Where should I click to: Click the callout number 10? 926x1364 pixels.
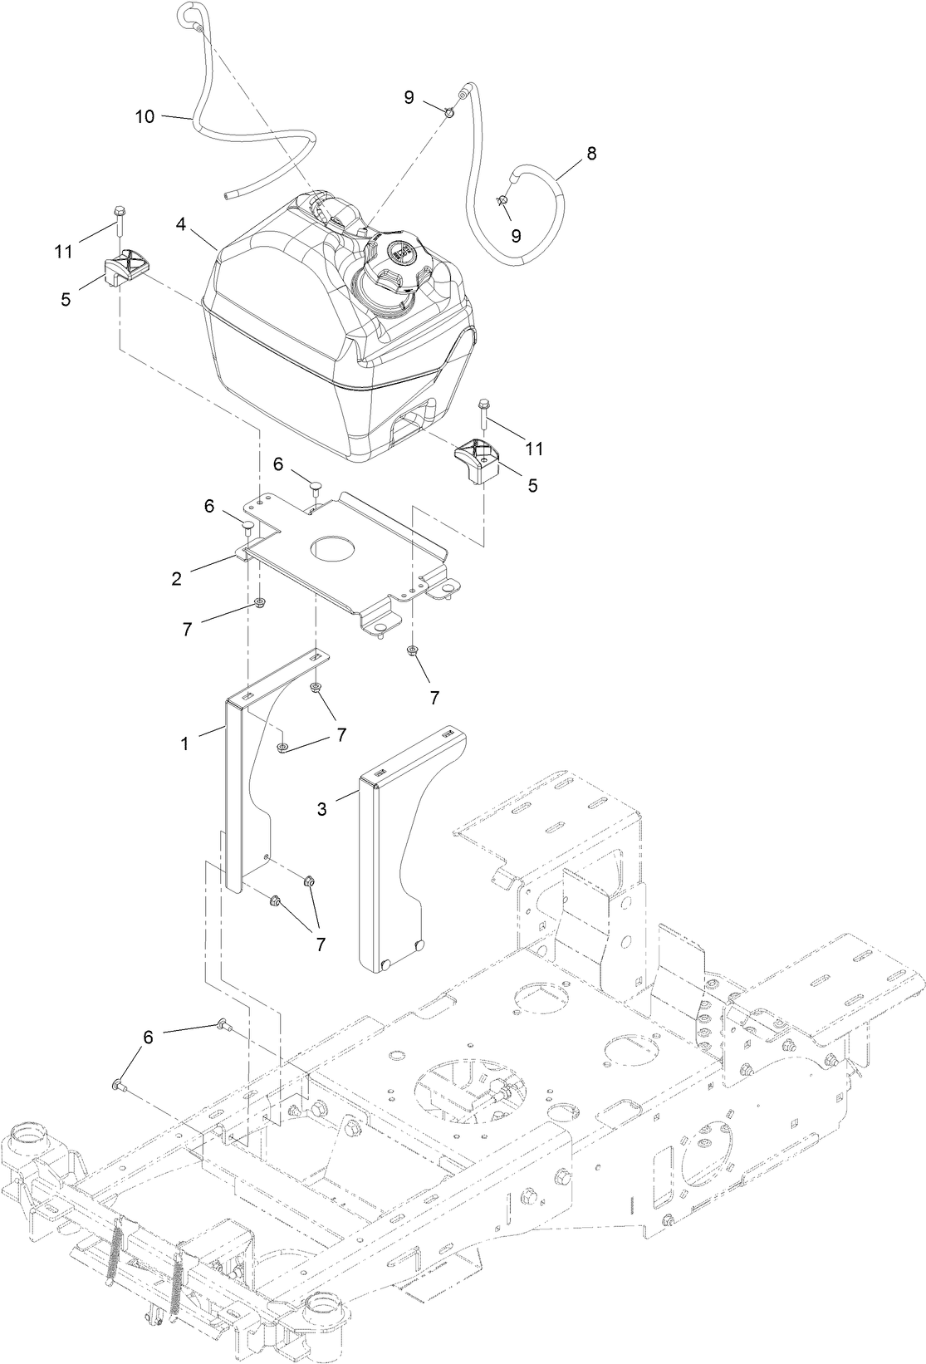145,116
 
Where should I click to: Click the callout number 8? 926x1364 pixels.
591,154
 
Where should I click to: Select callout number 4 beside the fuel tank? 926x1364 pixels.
181,223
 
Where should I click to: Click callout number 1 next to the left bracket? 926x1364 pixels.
184,743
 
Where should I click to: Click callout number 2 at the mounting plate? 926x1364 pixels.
177,579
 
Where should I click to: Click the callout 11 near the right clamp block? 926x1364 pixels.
534,449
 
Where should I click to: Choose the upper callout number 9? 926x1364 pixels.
409,97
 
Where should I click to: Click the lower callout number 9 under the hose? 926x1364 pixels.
516,235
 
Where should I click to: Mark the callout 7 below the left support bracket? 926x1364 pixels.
321,943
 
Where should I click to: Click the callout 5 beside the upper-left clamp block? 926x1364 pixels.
66,298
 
